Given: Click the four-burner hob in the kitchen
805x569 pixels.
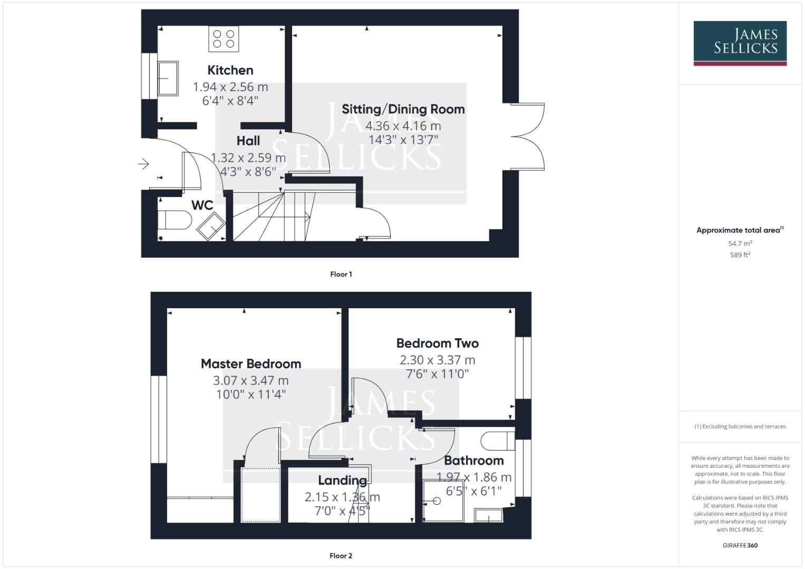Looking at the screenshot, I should coord(224,39).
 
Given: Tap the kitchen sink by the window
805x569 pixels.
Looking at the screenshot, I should coord(168,79).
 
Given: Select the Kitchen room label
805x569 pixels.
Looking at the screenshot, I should coord(230,70).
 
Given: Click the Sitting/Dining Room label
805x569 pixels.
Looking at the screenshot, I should coord(403,109).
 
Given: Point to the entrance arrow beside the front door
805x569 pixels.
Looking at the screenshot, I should coord(143,164).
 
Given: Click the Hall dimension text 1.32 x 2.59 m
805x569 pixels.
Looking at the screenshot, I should coord(248,158).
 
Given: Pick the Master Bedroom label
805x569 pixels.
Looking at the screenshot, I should coord(251,364).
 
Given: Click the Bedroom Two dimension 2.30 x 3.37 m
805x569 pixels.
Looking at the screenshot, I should coord(437,360).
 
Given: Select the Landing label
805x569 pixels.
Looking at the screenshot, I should coord(342,480).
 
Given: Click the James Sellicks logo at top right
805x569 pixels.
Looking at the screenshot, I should coord(740,43).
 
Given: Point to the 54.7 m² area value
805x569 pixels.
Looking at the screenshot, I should coord(740,243).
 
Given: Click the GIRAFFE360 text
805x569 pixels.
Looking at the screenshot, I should coord(740,545).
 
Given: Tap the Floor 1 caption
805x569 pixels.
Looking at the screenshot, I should coord(341,274).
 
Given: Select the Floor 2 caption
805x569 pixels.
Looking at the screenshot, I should coord(341,555).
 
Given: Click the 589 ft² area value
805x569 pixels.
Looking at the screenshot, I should coord(740,255).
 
